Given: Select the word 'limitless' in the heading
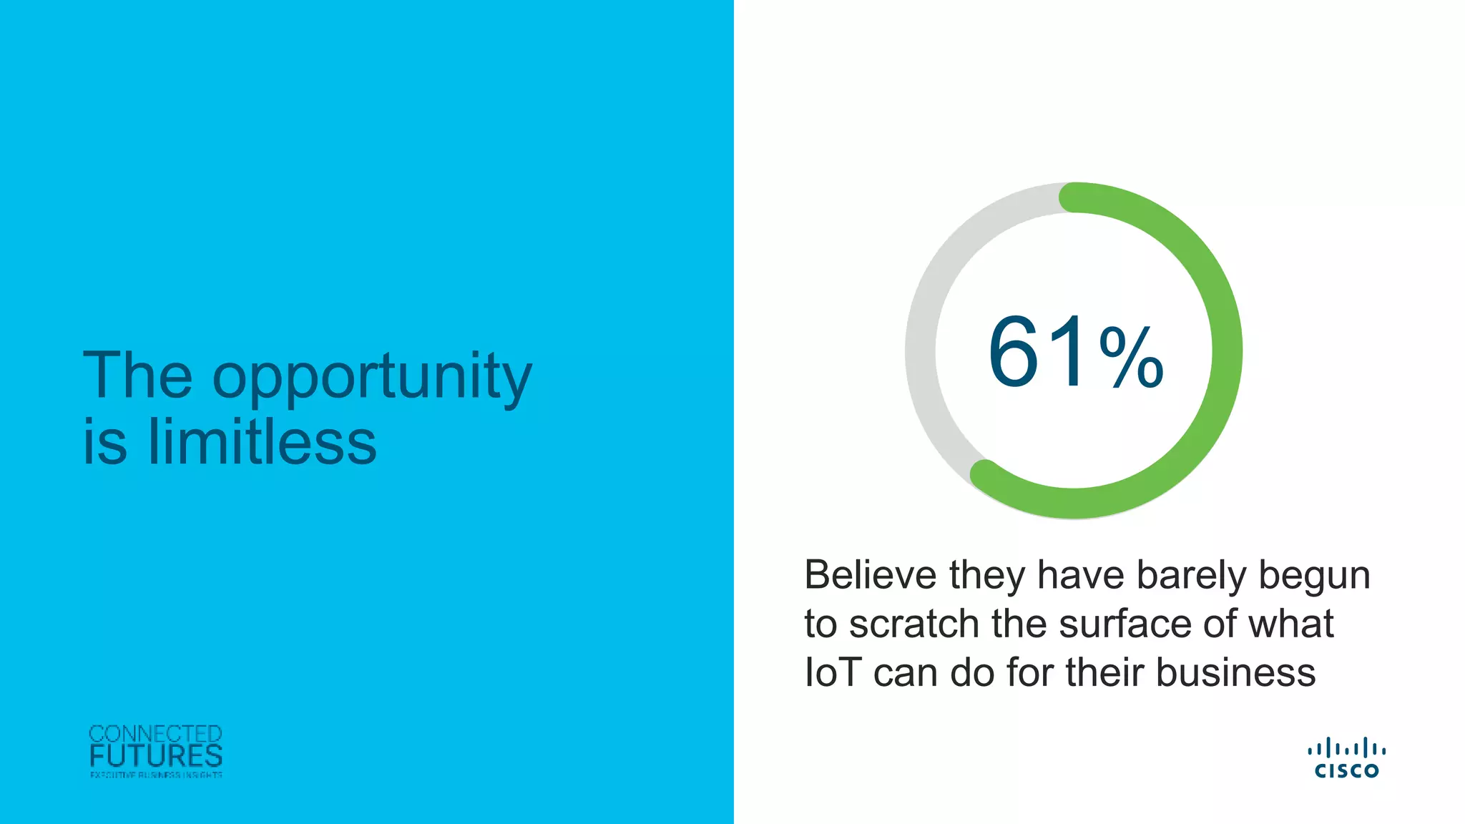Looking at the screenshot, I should pyautogui.click(x=262, y=442).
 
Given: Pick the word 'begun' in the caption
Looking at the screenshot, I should pyautogui.click(x=1314, y=577).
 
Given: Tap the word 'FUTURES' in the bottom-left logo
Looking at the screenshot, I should pyautogui.click(x=156, y=756).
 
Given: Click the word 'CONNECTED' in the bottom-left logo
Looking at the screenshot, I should pyautogui.click(x=155, y=734).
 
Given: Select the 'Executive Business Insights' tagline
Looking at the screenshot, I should pyautogui.click(x=156, y=775).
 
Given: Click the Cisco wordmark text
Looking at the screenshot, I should pyautogui.click(x=1346, y=770).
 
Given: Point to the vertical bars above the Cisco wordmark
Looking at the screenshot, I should pyautogui.click(x=1346, y=749).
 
